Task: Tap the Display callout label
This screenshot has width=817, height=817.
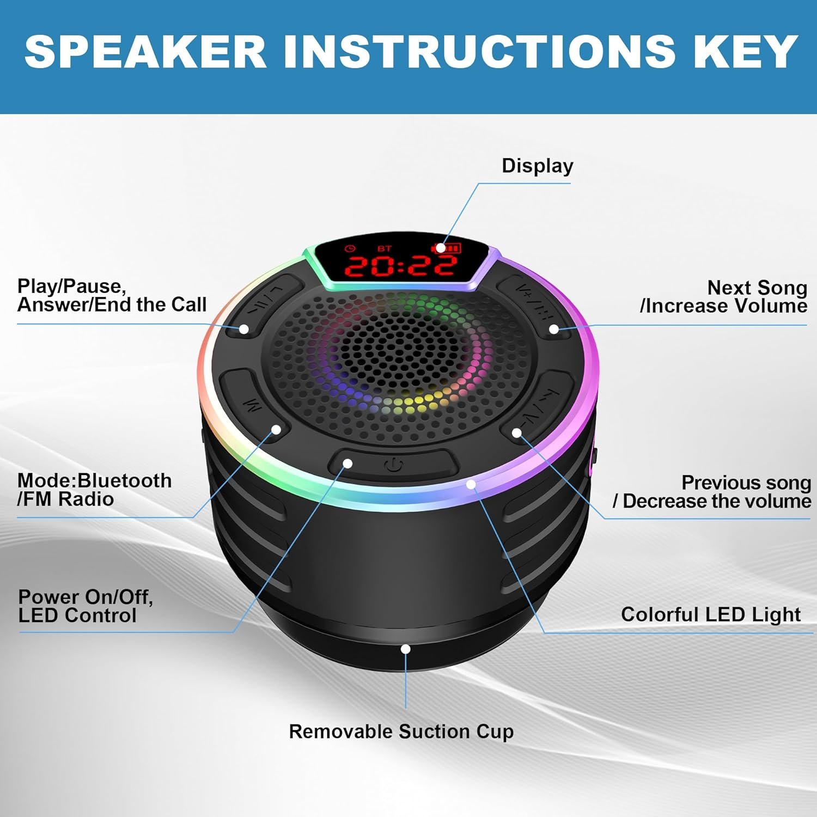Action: point(537,166)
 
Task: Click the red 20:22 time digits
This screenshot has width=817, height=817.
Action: point(401,265)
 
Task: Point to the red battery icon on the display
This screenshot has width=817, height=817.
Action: point(447,248)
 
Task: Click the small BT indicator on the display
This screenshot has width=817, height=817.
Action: point(385,248)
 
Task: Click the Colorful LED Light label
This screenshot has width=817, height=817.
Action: point(710,614)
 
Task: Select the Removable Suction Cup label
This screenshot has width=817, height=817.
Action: point(401,731)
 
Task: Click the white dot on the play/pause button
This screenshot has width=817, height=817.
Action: point(244,329)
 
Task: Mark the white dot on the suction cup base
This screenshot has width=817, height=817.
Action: point(405,649)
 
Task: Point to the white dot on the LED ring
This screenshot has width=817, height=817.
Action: point(471,484)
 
